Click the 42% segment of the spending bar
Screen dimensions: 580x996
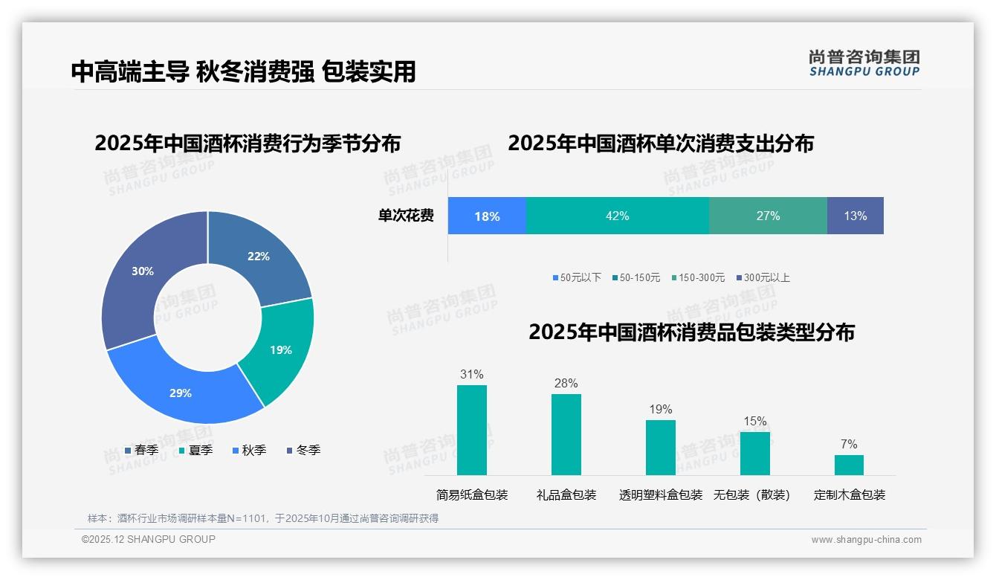(617, 216)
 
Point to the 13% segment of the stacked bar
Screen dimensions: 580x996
(855, 216)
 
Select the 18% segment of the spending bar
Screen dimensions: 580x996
(487, 216)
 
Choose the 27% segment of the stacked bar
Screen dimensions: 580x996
(768, 216)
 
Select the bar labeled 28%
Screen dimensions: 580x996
(566, 434)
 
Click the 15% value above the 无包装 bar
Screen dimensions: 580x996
(754, 422)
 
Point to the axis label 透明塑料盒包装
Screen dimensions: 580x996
(660, 494)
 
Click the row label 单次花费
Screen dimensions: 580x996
(406, 216)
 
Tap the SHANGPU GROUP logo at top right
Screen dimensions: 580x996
(864, 63)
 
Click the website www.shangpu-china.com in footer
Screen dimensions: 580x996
(866, 540)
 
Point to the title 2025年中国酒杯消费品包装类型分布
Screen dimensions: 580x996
(691, 332)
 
